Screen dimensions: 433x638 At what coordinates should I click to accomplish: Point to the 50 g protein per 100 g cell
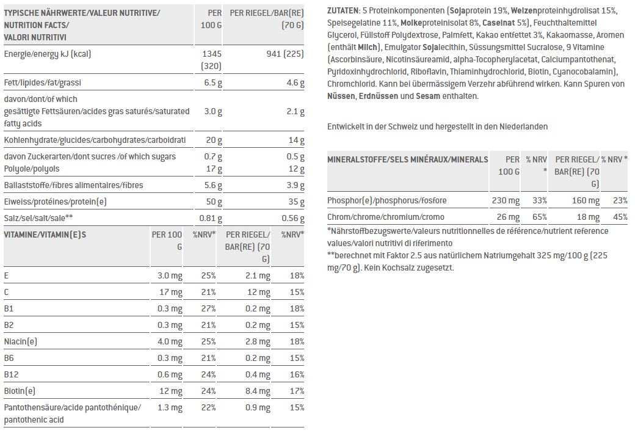pos(214,202)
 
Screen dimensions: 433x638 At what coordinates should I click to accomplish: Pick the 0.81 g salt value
pos(210,218)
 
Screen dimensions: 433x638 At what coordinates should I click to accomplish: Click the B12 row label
pos(11,374)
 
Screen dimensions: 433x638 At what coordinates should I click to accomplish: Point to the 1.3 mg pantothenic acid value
pos(171,407)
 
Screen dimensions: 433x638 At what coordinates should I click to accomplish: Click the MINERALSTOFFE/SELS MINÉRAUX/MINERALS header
pos(407,159)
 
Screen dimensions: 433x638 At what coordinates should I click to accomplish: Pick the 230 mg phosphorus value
pos(506,200)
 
